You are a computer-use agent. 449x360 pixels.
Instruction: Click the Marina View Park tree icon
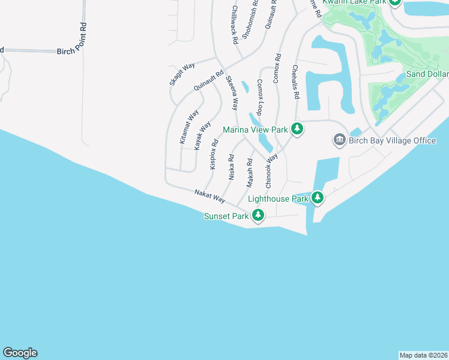click(x=297, y=129)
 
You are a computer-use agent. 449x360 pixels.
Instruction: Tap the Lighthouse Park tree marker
click(x=317, y=197)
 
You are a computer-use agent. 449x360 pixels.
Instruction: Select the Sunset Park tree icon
click(x=258, y=215)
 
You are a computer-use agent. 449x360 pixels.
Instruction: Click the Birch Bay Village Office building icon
click(x=339, y=140)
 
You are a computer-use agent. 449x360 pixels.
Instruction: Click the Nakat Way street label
click(x=209, y=196)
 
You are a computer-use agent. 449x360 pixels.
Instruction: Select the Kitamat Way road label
click(x=189, y=127)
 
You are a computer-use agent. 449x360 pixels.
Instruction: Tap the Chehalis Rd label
click(x=296, y=82)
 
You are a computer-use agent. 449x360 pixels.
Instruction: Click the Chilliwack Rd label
click(x=235, y=24)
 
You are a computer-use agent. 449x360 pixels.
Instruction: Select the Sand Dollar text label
click(x=427, y=74)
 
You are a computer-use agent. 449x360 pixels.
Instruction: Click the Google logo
click(x=20, y=353)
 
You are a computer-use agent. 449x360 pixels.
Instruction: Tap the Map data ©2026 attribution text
click(x=424, y=355)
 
